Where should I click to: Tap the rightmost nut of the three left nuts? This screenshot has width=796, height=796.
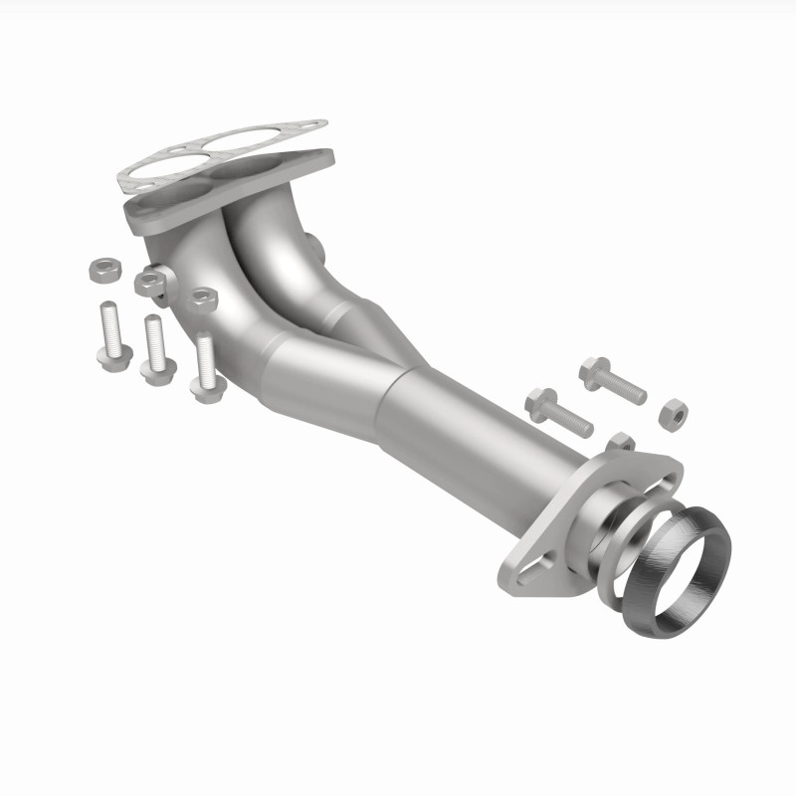[x=204, y=297]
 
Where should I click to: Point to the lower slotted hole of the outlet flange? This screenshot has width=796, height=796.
[x=523, y=575]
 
